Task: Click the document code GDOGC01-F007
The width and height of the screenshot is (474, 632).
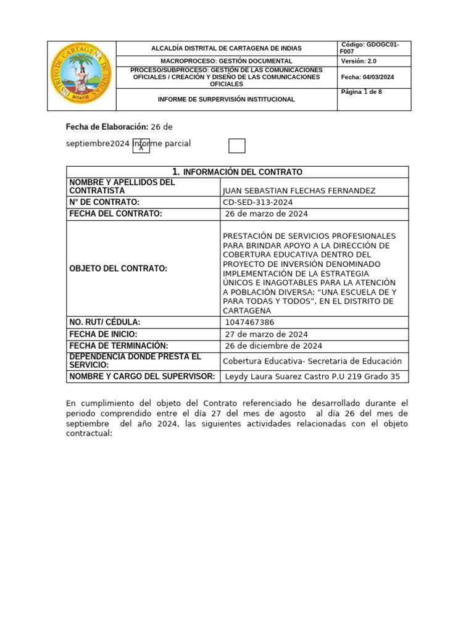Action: [x=370, y=48]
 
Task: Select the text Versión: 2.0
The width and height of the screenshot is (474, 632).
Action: [x=358, y=61]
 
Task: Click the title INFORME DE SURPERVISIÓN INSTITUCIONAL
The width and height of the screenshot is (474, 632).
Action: [x=227, y=99]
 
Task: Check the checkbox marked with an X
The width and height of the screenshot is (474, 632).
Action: [x=141, y=146]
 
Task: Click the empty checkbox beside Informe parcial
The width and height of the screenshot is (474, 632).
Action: [x=236, y=146]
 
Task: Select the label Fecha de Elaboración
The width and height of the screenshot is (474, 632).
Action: [x=107, y=127]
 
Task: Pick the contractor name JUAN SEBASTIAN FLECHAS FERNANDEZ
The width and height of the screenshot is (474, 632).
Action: [x=298, y=191]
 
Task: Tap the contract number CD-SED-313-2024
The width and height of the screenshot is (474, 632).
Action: [x=258, y=202]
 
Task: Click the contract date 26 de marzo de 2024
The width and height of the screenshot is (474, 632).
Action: [x=267, y=214]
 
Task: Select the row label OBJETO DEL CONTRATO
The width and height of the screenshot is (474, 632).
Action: [x=118, y=268]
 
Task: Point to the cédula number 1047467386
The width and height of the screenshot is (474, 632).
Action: [x=250, y=322]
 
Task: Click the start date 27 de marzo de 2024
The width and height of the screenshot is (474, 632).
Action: [x=267, y=334]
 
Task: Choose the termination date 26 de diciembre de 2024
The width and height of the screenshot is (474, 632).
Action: [x=273, y=346]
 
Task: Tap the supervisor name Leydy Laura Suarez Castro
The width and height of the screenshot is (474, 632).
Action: [x=276, y=376]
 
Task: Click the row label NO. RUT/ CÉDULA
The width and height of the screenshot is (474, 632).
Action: [x=105, y=322]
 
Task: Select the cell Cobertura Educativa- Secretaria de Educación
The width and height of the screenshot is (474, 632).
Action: [x=312, y=361]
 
